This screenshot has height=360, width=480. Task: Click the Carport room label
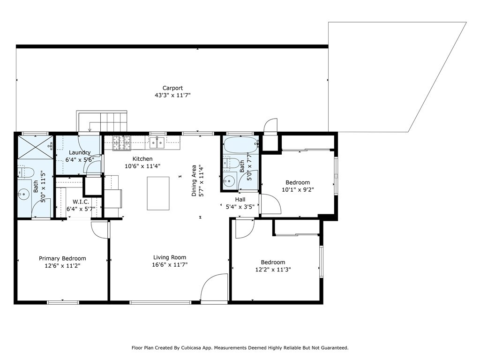(x=172, y=88)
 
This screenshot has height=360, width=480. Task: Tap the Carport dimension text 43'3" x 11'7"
(x=172, y=95)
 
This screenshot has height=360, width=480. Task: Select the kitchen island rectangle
(x=158, y=193)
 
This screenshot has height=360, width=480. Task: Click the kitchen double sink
(x=157, y=142)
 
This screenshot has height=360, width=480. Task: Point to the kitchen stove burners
(x=121, y=143)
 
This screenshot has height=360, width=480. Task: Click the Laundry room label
(x=80, y=152)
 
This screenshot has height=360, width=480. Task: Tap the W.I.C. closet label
(x=81, y=202)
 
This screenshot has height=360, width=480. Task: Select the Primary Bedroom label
(x=62, y=259)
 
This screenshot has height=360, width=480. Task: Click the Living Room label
(x=170, y=257)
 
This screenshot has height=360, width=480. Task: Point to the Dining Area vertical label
(x=194, y=180)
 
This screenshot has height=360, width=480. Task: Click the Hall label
(x=240, y=200)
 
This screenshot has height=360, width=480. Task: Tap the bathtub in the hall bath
(x=240, y=145)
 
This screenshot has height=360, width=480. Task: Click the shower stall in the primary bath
(x=36, y=147)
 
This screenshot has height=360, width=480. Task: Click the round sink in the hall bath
(x=229, y=181)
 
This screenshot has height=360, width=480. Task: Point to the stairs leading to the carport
(x=102, y=121)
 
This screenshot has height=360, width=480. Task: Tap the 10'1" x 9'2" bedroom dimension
(x=298, y=190)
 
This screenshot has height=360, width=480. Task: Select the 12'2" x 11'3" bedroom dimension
(x=273, y=270)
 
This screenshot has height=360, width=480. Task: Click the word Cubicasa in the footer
(x=193, y=348)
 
